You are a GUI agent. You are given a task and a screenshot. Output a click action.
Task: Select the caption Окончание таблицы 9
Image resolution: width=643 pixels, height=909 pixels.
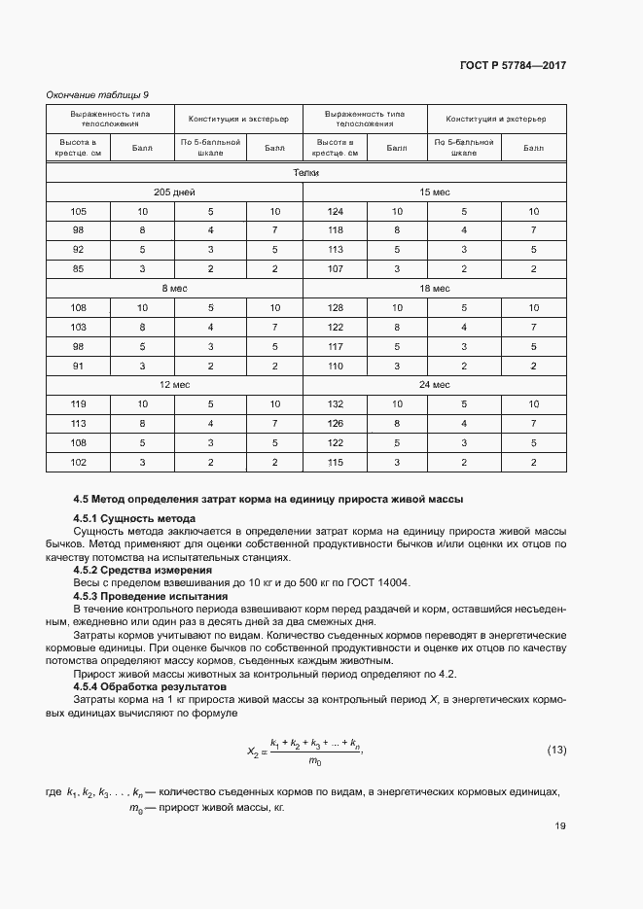point(97,94)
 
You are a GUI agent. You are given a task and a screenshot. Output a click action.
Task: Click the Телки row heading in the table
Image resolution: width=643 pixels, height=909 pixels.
point(306,172)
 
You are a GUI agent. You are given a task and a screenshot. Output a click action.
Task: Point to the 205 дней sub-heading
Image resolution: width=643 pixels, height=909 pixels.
point(175,192)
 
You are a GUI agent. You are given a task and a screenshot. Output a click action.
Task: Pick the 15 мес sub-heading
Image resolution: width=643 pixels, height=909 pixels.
point(434,192)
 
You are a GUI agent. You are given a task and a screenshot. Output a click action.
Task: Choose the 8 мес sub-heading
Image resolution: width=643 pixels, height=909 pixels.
point(175,289)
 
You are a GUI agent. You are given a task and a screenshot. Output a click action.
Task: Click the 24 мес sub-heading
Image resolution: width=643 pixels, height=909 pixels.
point(434,385)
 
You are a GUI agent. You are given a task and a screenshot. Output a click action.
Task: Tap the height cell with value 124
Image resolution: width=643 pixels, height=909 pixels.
point(337,211)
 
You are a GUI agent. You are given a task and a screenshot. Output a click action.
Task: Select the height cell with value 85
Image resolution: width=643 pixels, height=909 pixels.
point(79,268)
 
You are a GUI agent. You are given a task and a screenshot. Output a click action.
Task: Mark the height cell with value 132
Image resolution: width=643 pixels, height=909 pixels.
point(337,403)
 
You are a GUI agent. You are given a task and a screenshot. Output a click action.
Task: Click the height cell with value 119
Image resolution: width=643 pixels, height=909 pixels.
point(79,403)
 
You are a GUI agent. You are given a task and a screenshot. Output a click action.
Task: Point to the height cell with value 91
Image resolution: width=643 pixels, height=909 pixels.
point(79,366)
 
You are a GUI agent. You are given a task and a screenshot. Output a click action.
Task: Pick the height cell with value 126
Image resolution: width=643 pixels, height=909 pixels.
point(337,423)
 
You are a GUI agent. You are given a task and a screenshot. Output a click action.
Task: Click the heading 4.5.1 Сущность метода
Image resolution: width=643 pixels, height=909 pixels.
point(134,519)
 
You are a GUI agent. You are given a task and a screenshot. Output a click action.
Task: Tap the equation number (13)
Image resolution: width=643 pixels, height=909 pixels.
point(556,750)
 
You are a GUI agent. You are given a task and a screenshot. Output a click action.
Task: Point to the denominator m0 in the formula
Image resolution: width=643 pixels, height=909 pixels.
point(314,760)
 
